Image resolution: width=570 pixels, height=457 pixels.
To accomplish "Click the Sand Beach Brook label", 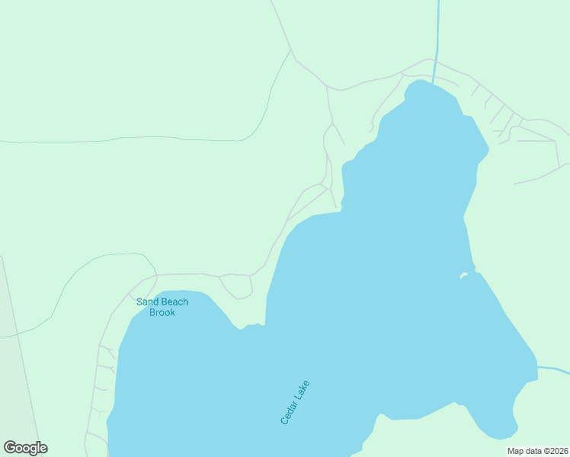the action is coord(162,307).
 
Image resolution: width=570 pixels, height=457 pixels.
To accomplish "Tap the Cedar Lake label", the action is coord(295,402).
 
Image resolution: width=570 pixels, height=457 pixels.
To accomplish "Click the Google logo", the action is coord(25,448).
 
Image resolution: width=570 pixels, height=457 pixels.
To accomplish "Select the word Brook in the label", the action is coord(162,312).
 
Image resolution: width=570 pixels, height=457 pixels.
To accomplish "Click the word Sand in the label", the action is coord(146,302).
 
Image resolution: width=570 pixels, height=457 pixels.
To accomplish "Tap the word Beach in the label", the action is coord(174,302).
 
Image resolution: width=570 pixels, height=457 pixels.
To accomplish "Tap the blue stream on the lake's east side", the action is coord(553,370).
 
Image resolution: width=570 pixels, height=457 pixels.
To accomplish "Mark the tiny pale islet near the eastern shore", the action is coord(463,276).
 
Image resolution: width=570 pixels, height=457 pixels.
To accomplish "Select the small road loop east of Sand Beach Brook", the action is coord(236,286).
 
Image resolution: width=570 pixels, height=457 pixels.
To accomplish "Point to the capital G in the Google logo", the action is coord(10,448).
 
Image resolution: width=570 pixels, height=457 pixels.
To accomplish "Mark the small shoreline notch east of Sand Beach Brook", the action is coord(242,328).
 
